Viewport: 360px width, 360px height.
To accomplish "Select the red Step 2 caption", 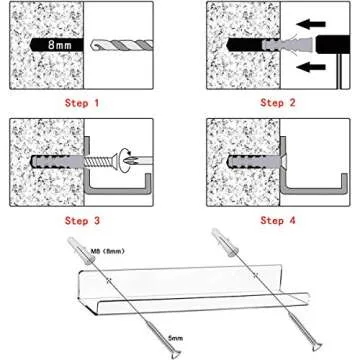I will (277, 103).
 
